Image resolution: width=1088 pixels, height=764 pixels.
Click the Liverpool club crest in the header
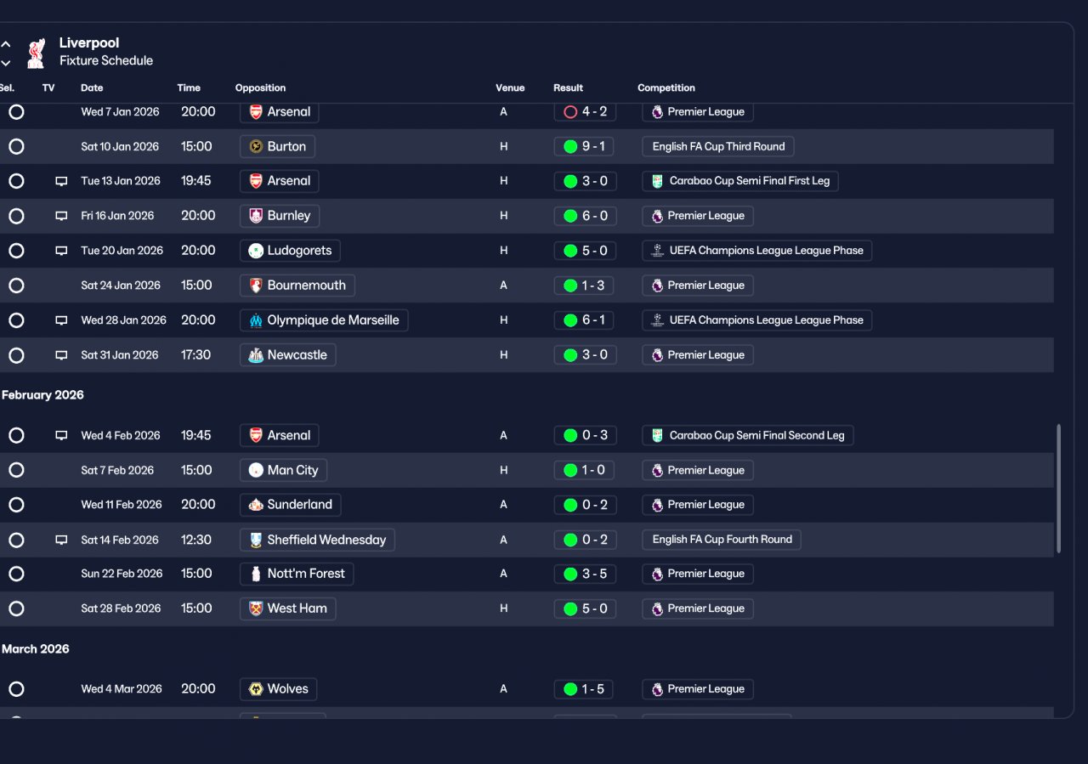tap(36, 53)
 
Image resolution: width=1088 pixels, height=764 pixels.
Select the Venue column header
tap(510, 88)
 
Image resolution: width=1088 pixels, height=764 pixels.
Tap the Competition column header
tap(666, 88)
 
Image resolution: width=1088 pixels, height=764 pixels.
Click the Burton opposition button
tap(277, 146)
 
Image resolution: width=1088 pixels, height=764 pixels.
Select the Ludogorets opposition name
tap(299, 251)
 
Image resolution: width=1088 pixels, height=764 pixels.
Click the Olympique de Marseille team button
tap(324, 320)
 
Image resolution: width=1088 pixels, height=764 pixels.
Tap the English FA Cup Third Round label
tap(718, 146)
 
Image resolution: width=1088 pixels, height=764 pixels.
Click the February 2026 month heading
tap(42, 395)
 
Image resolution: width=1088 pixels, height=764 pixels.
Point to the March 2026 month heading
tap(36, 649)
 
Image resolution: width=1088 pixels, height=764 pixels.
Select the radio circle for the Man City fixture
tap(16, 470)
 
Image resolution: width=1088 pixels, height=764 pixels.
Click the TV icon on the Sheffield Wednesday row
tap(61, 540)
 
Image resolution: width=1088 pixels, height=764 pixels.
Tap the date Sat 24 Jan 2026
tap(121, 285)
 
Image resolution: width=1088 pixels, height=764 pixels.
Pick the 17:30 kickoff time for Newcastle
tap(195, 354)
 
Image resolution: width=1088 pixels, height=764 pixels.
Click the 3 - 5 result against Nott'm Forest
tap(585, 574)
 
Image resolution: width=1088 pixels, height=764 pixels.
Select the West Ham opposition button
tap(287, 608)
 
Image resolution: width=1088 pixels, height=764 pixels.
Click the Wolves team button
tap(278, 688)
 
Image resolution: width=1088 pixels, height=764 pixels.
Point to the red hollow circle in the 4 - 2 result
tap(570, 112)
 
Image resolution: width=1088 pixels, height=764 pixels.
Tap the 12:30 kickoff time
tap(196, 540)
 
